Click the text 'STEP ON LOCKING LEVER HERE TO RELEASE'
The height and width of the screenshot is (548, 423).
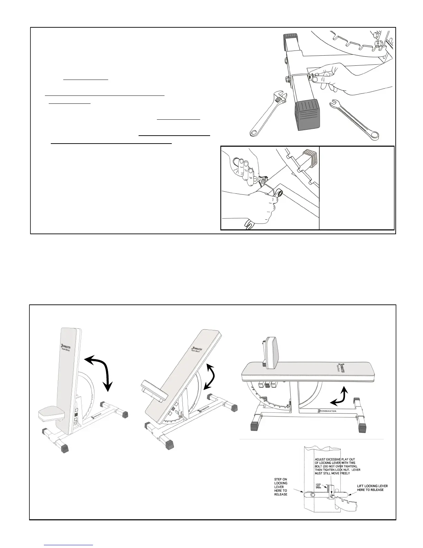click(281, 487)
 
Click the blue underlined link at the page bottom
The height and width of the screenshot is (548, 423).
click(69, 545)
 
